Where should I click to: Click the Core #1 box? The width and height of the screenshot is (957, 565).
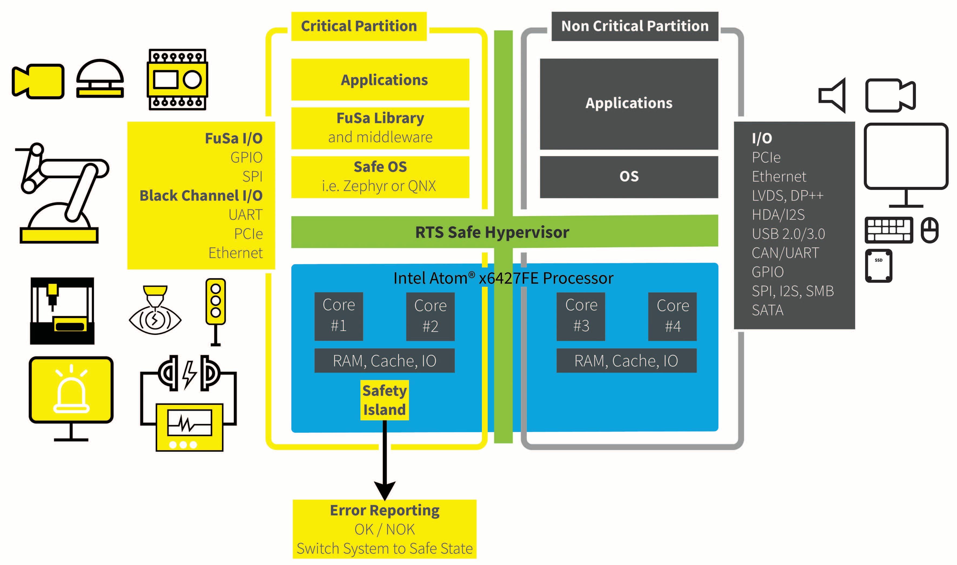click(338, 316)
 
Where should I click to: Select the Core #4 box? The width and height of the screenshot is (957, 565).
click(672, 316)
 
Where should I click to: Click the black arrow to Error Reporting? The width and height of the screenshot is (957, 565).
click(384, 461)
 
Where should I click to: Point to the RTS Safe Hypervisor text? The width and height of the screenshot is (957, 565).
click(492, 232)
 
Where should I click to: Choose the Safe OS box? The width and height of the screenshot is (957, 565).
click(380, 177)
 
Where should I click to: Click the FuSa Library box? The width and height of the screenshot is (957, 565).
click(380, 128)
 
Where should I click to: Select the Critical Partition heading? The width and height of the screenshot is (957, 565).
click(359, 26)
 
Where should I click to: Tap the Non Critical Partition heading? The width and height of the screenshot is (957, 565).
click(634, 26)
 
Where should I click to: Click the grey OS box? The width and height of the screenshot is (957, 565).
click(629, 177)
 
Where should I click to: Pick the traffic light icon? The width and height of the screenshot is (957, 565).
click(216, 310)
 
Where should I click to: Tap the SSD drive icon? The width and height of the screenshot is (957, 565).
click(878, 265)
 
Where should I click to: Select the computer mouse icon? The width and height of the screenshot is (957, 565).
click(929, 230)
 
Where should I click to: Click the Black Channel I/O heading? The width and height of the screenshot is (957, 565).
click(201, 195)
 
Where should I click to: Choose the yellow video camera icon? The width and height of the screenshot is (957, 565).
click(38, 81)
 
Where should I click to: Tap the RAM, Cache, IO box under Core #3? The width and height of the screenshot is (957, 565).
click(626, 361)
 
